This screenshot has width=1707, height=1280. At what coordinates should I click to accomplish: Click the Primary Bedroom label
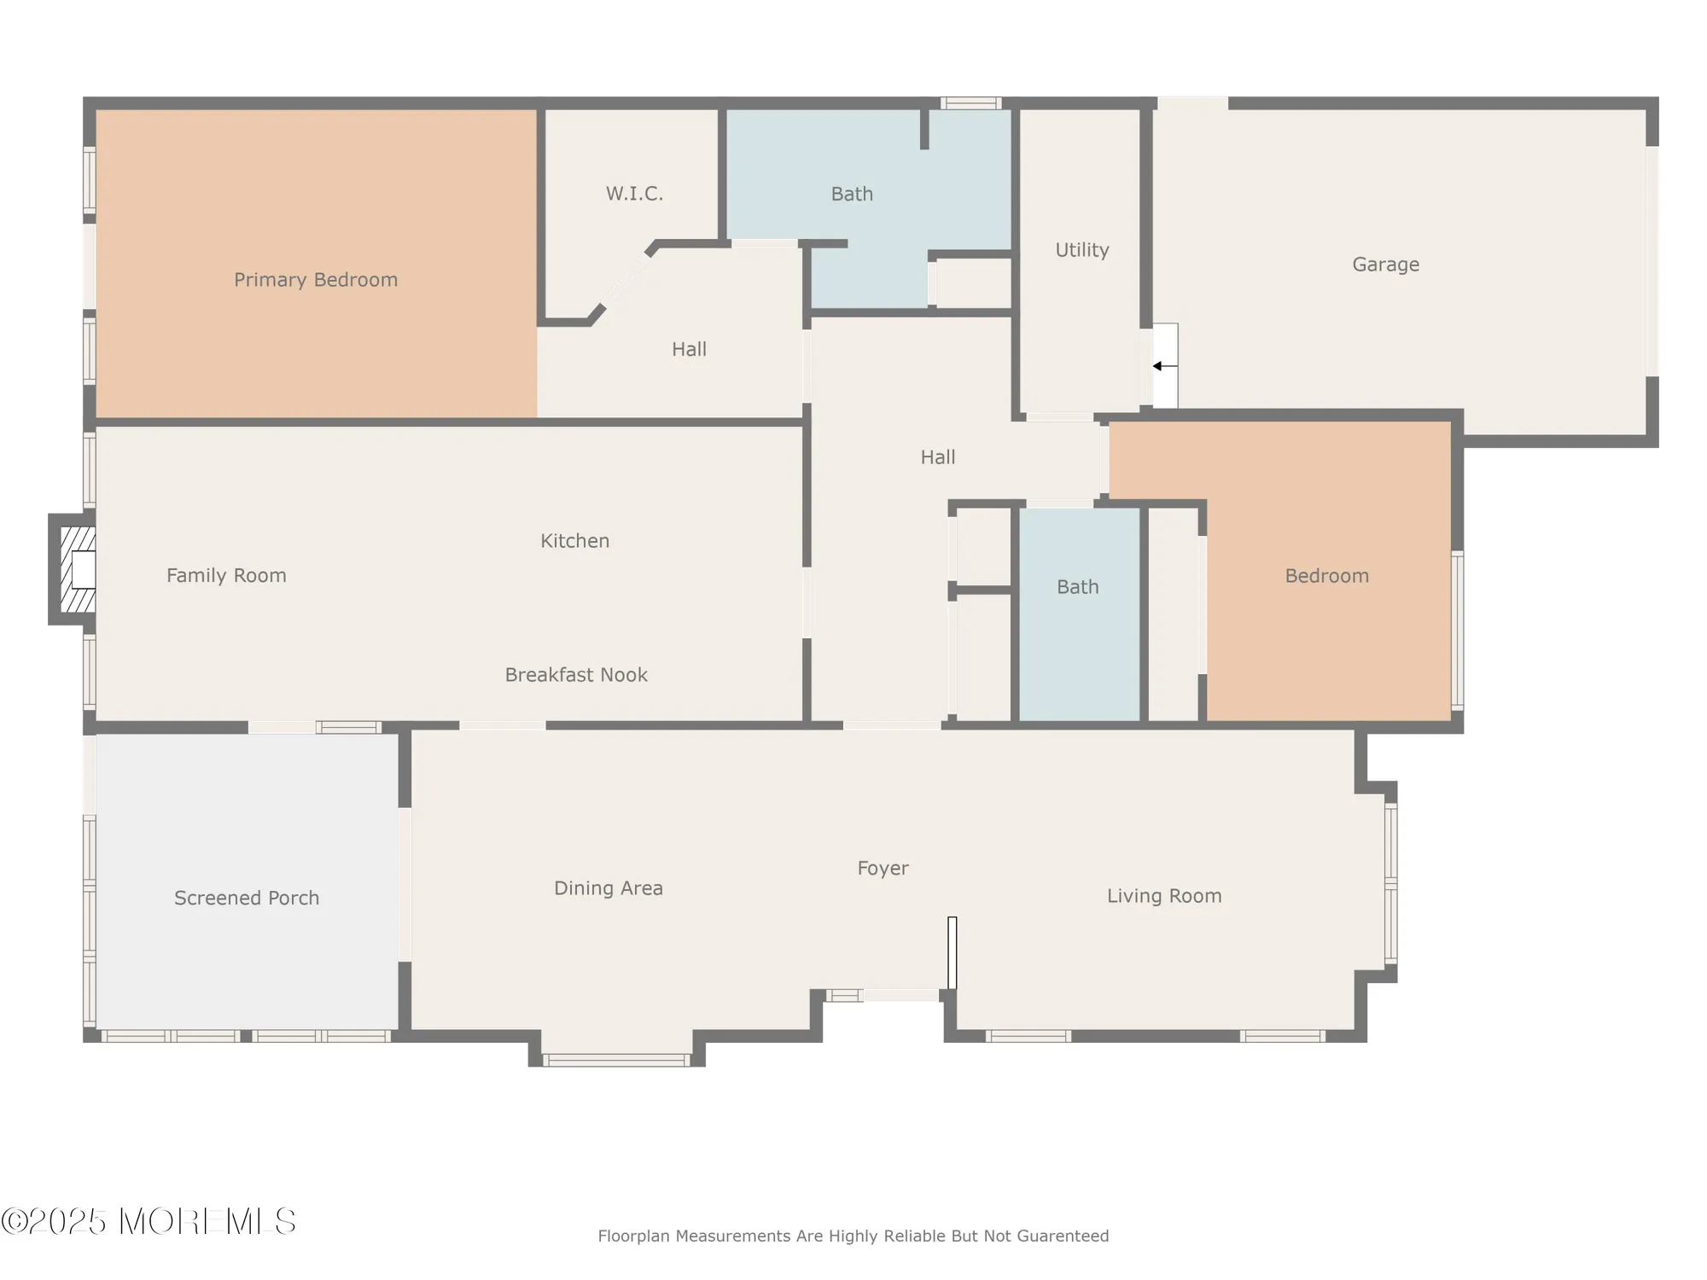tap(316, 280)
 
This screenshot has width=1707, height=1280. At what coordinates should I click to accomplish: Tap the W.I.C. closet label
tap(634, 194)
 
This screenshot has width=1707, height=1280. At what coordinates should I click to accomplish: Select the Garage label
tap(1385, 265)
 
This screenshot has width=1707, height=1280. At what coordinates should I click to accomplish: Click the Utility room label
tap(1081, 250)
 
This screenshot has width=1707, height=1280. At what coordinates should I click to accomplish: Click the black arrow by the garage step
tap(1159, 366)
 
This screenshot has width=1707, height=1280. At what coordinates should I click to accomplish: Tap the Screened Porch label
tap(247, 898)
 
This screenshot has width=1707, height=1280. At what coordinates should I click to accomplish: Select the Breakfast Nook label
tap(576, 675)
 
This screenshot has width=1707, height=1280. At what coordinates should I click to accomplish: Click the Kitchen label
tap(574, 541)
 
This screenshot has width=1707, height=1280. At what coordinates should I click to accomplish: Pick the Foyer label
tap(883, 868)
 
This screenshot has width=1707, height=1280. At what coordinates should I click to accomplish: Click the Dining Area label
tap(608, 888)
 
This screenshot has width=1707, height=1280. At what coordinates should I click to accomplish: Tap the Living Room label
tap(1164, 896)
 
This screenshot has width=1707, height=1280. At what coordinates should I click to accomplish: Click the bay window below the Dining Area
tap(616, 1061)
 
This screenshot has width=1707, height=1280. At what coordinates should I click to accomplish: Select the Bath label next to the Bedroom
tap(1077, 587)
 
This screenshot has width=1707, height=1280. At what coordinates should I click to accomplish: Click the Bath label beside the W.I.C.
tap(852, 195)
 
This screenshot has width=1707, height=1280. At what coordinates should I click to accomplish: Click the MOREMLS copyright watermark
tap(149, 1222)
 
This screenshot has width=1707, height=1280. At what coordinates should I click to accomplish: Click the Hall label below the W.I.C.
tap(689, 349)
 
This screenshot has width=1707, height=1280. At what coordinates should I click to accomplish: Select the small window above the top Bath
tap(970, 103)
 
